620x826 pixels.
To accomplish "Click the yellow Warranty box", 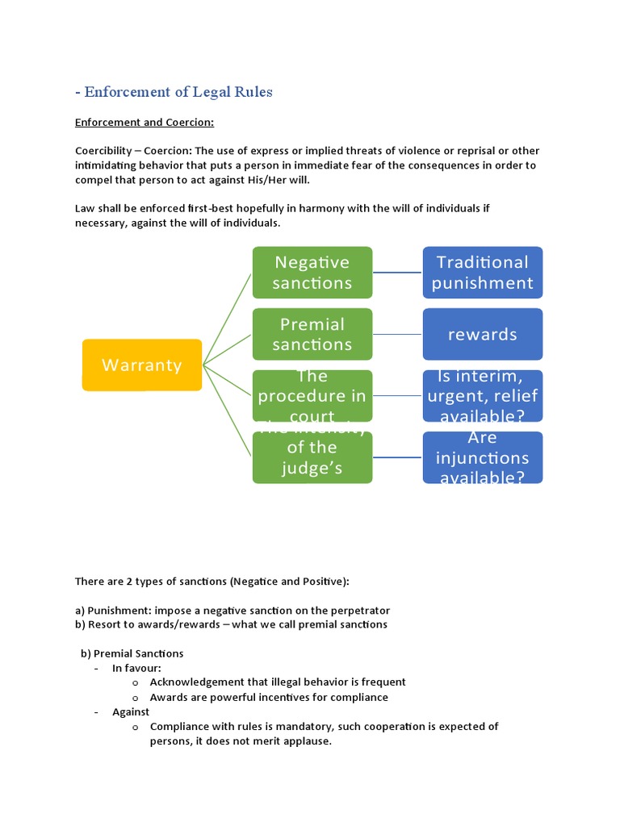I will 142,365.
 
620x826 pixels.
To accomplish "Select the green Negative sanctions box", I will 312,272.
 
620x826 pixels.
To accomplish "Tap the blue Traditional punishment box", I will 482,272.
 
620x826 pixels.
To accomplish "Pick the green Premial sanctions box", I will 312,334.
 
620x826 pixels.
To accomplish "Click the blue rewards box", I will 482,334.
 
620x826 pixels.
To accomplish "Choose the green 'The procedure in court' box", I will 312,396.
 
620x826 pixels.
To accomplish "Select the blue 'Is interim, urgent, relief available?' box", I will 482,396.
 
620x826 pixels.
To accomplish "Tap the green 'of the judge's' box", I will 312,458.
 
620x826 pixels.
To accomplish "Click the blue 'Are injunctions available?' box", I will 482,458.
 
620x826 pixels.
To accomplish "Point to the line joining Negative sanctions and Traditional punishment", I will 397,272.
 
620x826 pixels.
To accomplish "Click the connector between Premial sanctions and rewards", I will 397,334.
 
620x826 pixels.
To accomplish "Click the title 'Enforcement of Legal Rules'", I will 178,92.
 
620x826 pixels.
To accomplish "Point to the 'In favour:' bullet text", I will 136,668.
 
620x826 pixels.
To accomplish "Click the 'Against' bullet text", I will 131,711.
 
